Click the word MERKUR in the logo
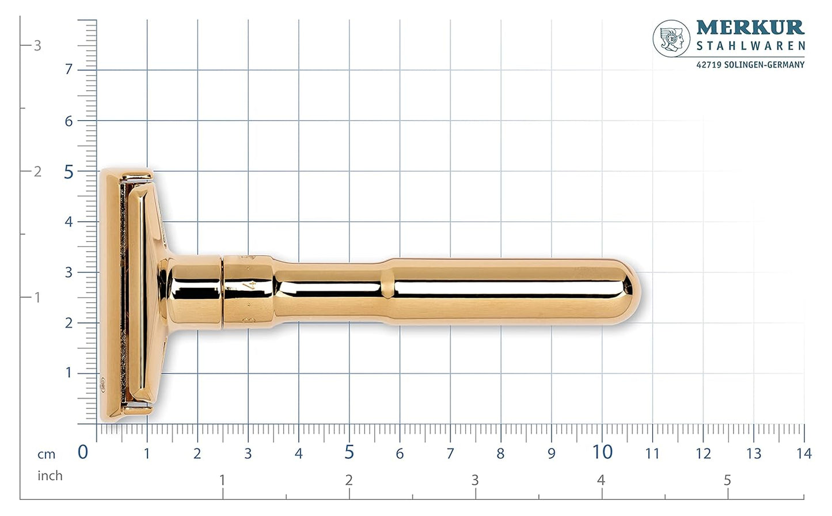point(750,27)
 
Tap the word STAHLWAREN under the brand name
point(750,46)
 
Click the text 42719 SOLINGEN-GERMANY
point(750,65)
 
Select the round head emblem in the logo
point(671,39)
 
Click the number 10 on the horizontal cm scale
point(602,453)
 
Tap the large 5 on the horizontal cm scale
point(349,453)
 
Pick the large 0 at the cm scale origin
point(83,453)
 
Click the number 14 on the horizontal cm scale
point(804,454)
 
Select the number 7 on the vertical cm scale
point(69,70)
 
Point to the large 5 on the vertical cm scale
point(69,172)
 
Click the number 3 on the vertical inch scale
point(37,45)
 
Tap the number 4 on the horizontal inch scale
point(601,480)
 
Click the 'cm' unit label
point(47,454)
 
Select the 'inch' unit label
point(50,476)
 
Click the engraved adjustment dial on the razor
point(248,291)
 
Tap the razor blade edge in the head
point(123,294)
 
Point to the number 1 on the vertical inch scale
point(37,298)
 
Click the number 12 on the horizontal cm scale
point(703,454)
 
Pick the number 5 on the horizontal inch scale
point(727,480)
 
